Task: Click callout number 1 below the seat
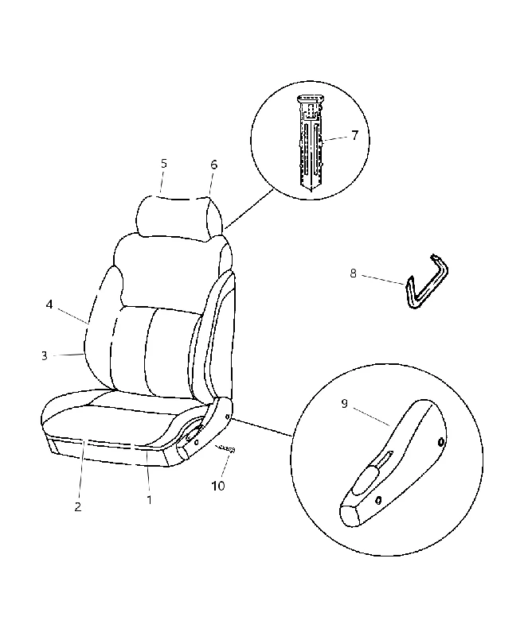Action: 149,500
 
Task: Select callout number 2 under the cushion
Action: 77,506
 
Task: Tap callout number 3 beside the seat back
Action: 45,355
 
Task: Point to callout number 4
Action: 49,304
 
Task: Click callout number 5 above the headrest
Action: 164,164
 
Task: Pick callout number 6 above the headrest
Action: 213,165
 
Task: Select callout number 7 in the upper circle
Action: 355,135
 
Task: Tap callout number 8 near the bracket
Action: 353,273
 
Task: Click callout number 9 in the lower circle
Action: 345,404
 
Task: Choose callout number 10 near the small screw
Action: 218,486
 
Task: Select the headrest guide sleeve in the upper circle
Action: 311,142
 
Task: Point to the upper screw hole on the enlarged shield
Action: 441,442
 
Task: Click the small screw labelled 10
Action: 225,449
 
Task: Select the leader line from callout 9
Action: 371,417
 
